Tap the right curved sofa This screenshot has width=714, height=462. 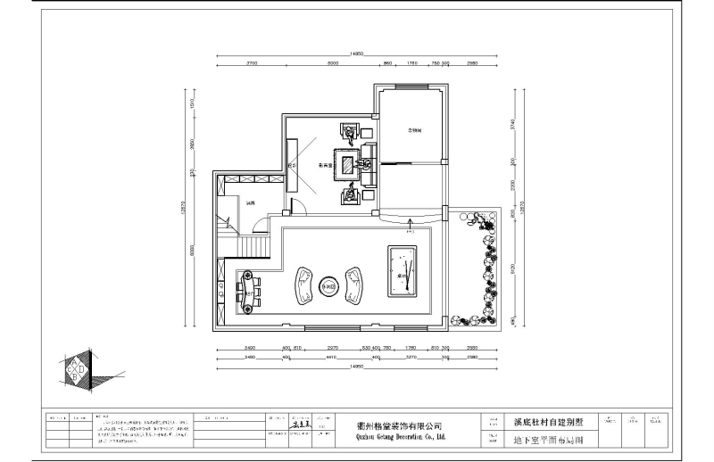tap(356, 283)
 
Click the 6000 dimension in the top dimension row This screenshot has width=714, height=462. tap(332, 64)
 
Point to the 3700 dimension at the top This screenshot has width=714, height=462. tap(251, 64)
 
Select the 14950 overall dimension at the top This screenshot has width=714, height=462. tap(356, 54)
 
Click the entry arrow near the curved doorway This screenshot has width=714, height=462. tap(409, 222)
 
